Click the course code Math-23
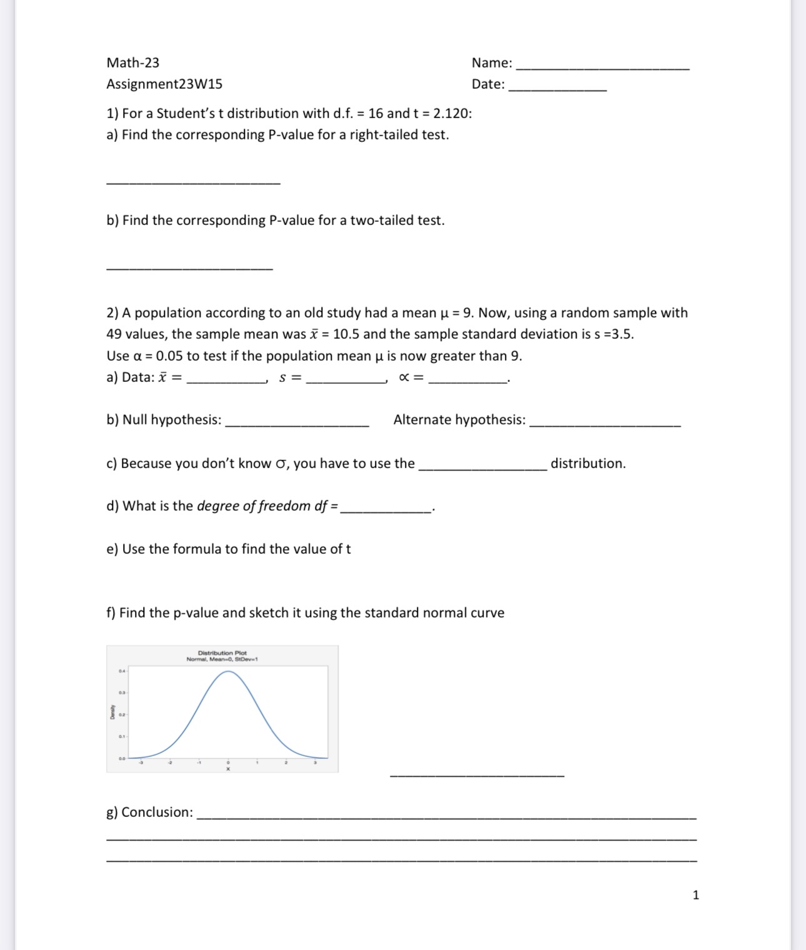132,62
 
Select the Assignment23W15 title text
164,84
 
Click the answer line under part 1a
193,181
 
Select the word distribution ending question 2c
587,463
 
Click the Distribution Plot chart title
222,652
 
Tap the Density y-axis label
112,714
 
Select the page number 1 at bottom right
696,895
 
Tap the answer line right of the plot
477,775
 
